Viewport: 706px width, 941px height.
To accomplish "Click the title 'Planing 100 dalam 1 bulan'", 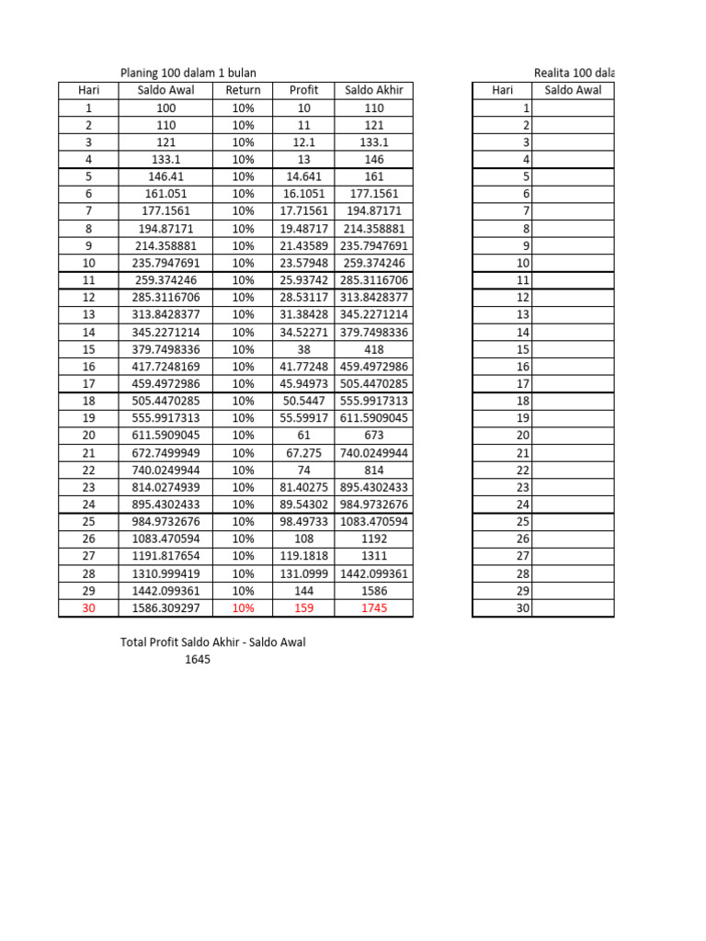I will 188,73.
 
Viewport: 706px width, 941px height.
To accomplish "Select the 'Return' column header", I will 243,90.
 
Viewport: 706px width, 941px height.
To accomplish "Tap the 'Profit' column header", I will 303,90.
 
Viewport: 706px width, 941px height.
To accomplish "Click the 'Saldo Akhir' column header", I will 374,90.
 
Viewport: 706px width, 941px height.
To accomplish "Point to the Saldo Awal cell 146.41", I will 166,176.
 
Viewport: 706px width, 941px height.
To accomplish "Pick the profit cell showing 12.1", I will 303,142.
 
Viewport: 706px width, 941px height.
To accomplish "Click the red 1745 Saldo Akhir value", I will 374,608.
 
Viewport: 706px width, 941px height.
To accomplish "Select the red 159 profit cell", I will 303,608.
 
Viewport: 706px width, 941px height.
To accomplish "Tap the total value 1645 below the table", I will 198,659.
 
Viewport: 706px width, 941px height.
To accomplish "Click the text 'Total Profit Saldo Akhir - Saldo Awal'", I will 213,642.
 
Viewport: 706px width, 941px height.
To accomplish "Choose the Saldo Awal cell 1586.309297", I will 166,608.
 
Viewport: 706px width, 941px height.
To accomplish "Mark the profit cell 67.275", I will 303,453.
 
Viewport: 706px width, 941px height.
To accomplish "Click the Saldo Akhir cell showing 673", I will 374,436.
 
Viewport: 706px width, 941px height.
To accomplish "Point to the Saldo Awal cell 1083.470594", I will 166,539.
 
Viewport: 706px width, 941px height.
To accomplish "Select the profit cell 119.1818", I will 303,556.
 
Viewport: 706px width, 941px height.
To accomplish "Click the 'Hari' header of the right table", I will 502,90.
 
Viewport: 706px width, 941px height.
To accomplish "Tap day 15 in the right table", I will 523,349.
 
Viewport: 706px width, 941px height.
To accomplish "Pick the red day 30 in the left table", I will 88,608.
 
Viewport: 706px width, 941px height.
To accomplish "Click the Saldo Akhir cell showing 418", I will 374,349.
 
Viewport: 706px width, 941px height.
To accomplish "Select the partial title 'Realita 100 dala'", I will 574,73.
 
